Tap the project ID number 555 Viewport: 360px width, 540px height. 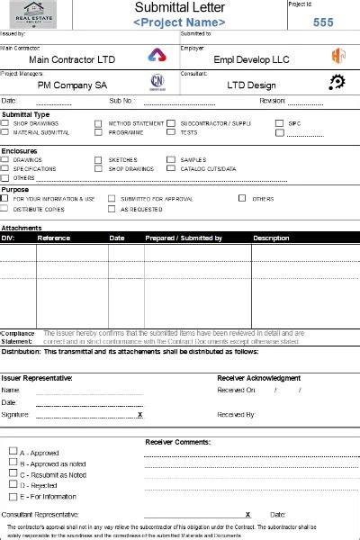[x=323, y=22]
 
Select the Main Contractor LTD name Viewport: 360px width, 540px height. [x=77, y=59]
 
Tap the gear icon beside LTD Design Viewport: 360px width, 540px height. [x=337, y=83]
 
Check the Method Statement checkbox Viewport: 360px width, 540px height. [x=99, y=123]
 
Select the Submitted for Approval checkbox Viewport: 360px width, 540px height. [x=112, y=199]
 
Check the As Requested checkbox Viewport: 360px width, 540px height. [x=112, y=209]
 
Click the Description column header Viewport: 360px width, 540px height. [x=271, y=238]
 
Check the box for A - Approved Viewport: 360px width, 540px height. [x=13, y=453]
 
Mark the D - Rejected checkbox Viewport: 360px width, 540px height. [x=13, y=485]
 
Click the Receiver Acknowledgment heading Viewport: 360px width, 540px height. [x=259, y=378]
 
